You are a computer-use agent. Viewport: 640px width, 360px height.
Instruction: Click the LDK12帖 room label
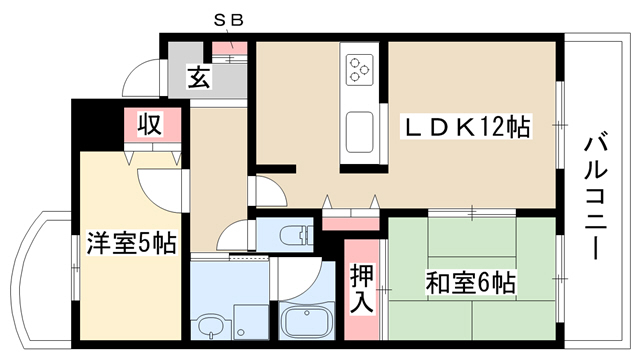point(467,127)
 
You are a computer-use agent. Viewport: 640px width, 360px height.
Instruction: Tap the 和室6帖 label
point(470,282)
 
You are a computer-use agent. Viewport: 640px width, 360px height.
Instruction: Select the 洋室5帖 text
point(131,243)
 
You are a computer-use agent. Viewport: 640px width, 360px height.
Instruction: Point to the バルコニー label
point(596,198)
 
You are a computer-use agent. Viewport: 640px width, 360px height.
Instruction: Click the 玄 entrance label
point(199,77)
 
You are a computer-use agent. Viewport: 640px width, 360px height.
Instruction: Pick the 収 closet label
point(150,124)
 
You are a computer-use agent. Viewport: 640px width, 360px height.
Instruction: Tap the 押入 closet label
point(362,288)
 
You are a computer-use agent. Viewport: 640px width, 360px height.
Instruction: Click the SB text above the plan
point(229,20)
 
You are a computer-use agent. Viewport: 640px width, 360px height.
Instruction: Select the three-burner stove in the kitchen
point(360,70)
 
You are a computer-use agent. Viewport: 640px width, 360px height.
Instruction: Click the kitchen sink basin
point(360,132)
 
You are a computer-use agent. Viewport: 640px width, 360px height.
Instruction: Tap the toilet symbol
point(295,236)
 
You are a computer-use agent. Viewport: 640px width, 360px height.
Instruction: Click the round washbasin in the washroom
point(211,324)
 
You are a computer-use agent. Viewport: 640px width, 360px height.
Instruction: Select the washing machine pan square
point(251,322)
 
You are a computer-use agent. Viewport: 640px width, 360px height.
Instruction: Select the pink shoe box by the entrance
point(230,49)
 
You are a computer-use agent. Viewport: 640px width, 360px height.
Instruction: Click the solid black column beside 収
point(98,125)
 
